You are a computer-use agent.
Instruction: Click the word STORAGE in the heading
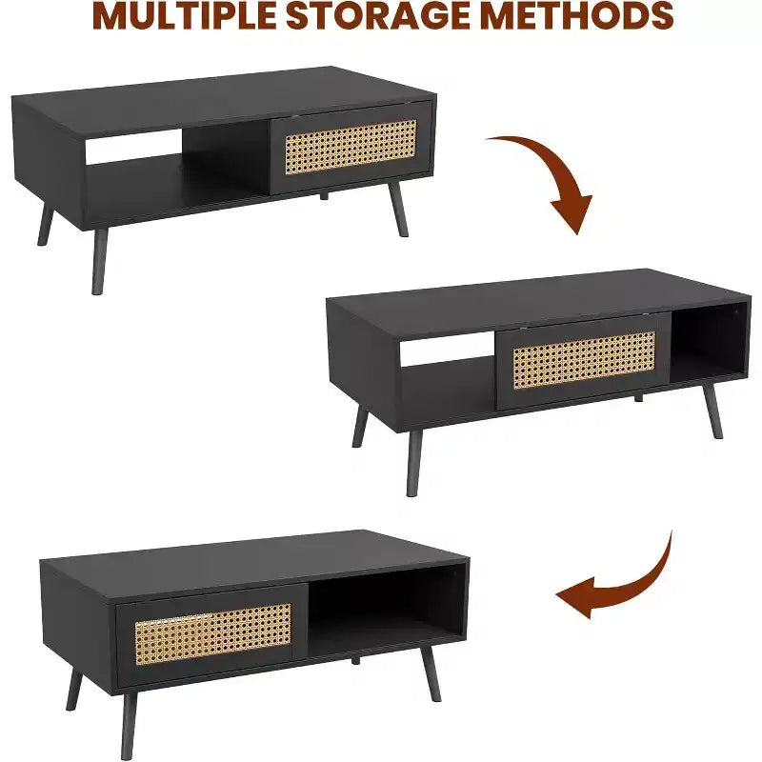(377, 16)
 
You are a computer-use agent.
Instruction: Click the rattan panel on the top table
(351, 147)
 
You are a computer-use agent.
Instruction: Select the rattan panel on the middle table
(584, 359)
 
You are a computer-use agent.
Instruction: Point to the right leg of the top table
(398, 209)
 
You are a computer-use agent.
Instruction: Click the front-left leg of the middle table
(414, 463)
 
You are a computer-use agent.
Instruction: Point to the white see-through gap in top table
(134, 146)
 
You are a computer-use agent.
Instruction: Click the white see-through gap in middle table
(447, 348)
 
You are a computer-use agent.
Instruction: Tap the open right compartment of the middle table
(708, 341)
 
